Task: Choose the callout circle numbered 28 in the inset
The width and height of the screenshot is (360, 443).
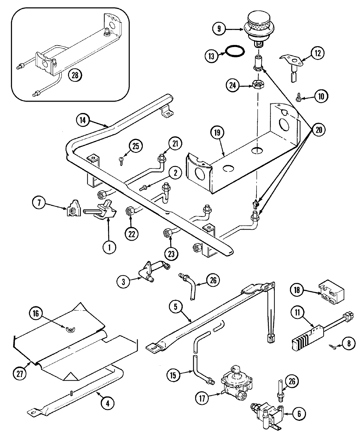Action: pos(75,75)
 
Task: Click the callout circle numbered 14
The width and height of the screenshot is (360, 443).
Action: pos(83,120)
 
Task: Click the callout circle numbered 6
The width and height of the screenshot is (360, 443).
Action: pos(299,414)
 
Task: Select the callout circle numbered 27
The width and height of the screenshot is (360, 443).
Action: pos(20,373)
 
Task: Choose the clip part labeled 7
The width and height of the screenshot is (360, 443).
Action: pos(72,211)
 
